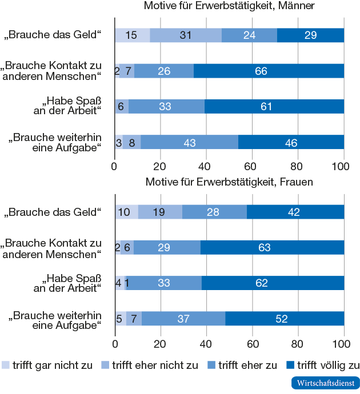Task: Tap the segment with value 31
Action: tap(185, 35)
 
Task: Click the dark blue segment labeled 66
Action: tap(269, 71)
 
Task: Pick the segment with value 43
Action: tap(189, 142)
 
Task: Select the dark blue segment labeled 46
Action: tap(291, 142)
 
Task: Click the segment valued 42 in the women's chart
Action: tap(295, 211)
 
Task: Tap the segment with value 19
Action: tap(160, 211)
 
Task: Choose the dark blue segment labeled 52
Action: tap(285, 319)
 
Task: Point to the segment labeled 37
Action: tap(183, 319)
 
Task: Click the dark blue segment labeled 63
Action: tap(272, 247)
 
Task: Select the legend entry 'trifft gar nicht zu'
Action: tap(48, 365)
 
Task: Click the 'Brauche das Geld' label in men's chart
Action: tap(53, 35)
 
